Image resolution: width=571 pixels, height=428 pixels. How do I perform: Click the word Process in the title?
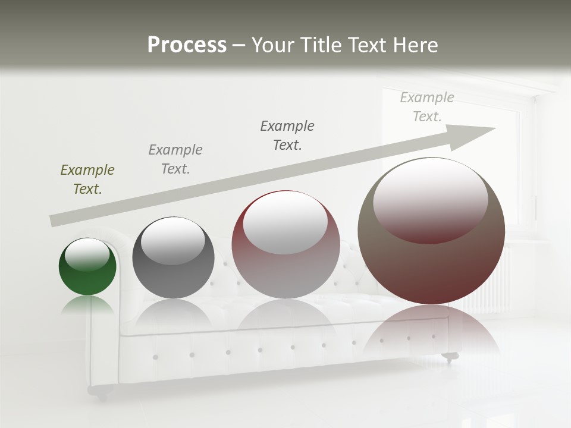[187, 45]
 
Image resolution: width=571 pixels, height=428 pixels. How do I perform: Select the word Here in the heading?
[415, 45]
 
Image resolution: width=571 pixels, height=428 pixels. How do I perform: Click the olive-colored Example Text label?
[87, 180]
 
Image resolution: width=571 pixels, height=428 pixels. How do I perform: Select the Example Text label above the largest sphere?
[427, 107]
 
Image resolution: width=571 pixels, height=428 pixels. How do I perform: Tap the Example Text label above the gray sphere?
[175, 159]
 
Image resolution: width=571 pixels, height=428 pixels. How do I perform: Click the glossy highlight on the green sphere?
[87, 254]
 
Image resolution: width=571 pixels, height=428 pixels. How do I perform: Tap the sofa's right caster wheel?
[450, 357]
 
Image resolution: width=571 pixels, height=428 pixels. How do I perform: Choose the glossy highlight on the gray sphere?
[173, 241]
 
